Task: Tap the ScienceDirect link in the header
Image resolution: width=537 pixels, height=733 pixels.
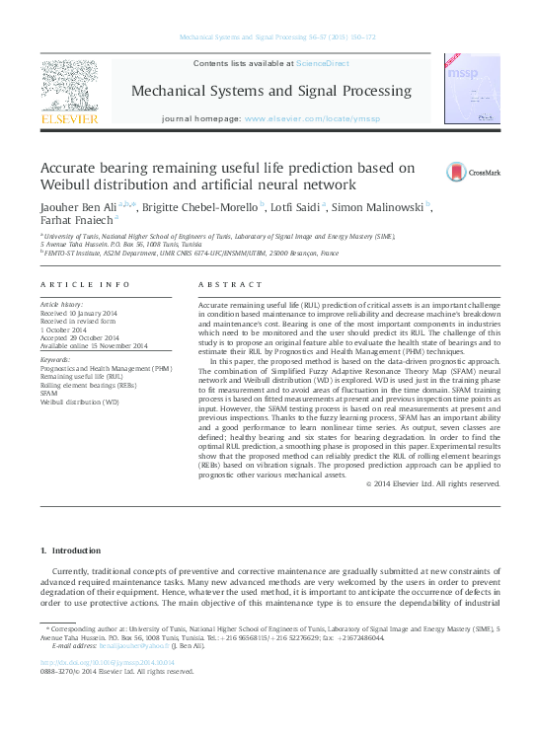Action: [x=323, y=63]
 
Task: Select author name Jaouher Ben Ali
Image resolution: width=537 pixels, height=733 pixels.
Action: [x=73, y=207]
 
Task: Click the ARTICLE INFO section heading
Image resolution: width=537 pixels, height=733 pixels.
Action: [x=85, y=284]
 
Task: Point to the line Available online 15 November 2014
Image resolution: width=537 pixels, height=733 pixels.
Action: [x=94, y=347]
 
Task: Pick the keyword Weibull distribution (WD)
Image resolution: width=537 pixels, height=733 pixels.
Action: [x=79, y=403]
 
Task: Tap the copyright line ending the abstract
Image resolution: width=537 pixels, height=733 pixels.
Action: [x=433, y=483]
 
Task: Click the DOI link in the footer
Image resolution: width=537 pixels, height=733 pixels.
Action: [x=107, y=662]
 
